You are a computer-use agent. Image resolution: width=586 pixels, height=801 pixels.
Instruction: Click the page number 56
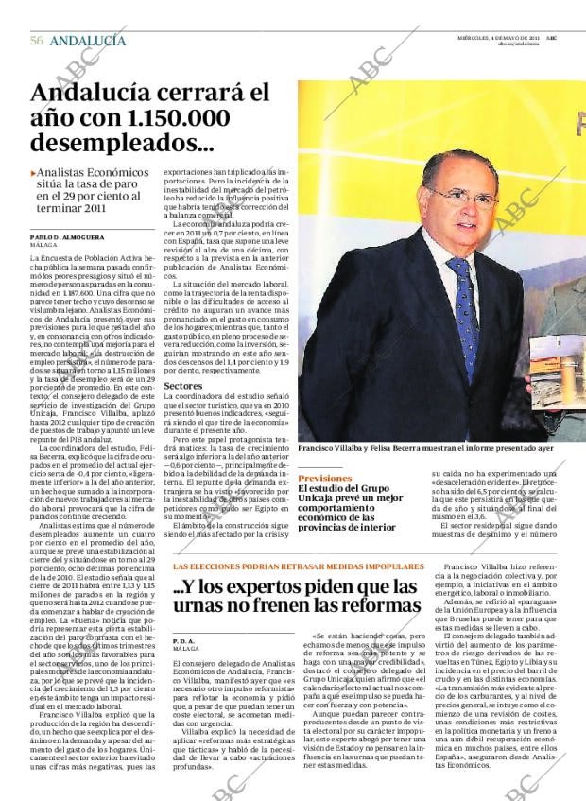coord(37,41)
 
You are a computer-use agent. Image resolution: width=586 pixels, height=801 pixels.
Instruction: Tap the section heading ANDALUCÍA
coord(87,41)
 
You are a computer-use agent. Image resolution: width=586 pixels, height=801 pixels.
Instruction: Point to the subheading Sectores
coord(183,386)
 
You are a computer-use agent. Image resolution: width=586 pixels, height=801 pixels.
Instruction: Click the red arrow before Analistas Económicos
coord(34,174)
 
